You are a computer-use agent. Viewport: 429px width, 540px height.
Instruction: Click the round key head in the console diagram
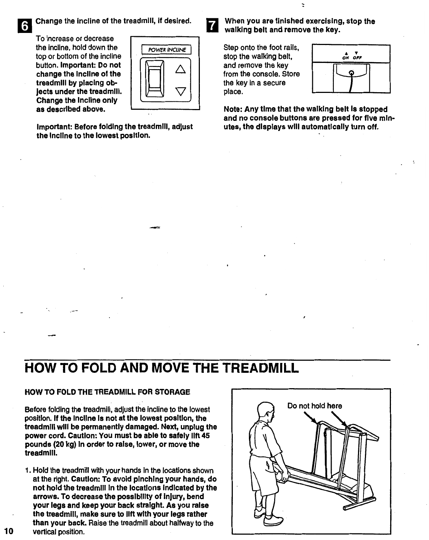coord(351,73)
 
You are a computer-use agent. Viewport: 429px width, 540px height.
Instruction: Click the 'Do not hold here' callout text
coord(315,406)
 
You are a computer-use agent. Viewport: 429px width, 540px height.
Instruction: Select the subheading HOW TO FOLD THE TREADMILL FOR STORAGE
coord(107,392)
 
